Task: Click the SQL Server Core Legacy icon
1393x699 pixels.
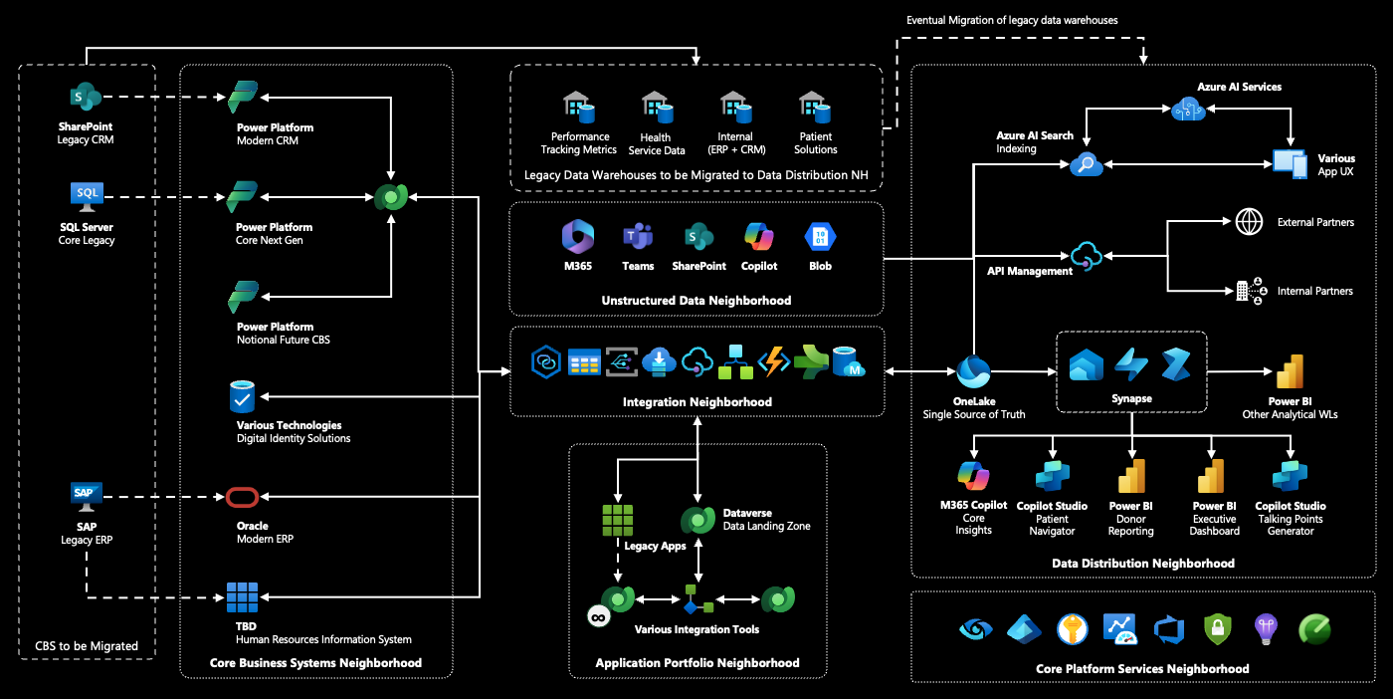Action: [87, 196]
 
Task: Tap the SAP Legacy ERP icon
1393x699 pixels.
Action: [87, 495]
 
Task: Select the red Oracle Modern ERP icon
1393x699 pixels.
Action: [242, 497]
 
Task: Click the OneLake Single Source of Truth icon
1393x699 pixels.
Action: [972, 372]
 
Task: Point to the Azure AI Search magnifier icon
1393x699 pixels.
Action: [1086, 165]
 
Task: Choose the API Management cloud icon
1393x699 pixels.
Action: [1086, 258]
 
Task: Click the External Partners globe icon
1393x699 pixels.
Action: [1249, 222]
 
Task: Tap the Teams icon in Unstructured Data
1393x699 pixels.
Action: [638, 237]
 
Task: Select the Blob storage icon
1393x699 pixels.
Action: [820, 237]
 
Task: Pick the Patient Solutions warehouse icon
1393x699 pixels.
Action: [815, 105]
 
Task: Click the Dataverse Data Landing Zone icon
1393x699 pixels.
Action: [698, 520]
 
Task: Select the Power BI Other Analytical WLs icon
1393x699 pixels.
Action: [1290, 371]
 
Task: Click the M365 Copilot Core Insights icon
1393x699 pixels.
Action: [973, 476]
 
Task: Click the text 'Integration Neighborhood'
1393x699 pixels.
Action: [696, 402]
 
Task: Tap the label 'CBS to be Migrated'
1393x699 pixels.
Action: [87, 646]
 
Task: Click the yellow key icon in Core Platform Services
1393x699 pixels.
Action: [1072, 628]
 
